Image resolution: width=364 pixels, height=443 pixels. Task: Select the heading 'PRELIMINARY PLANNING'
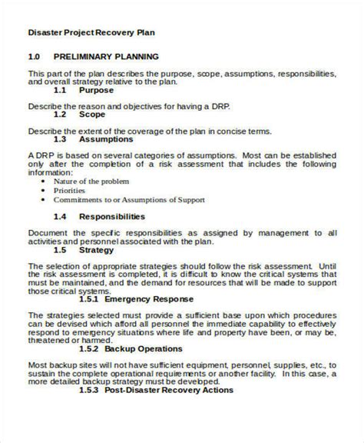pos(106,57)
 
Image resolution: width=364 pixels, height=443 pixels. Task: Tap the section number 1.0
pos(34,57)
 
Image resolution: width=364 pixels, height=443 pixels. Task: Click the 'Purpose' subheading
pos(102,89)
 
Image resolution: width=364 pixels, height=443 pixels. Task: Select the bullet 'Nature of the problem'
pos(90,181)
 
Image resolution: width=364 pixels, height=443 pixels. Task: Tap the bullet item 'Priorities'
pos(70,191)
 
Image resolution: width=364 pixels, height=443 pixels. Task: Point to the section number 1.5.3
pos(90,389)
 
